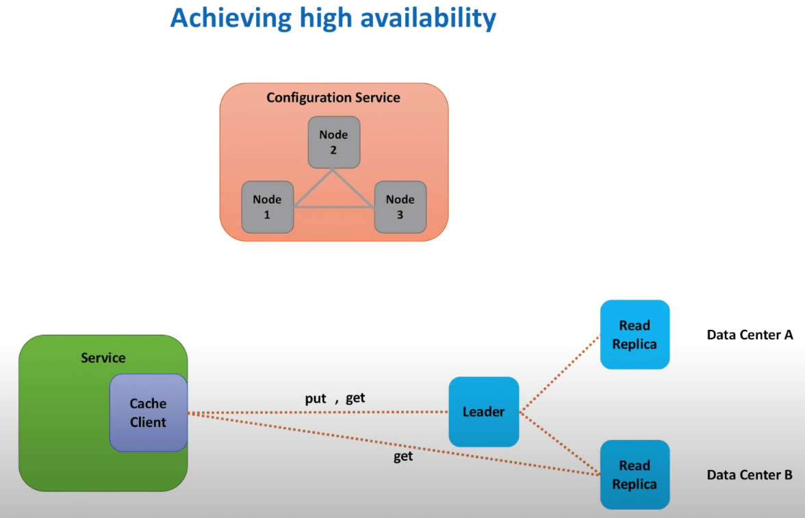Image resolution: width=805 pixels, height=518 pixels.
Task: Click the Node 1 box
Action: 268,207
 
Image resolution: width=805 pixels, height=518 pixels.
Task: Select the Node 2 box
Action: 334,142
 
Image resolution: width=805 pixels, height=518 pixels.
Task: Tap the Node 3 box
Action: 400,207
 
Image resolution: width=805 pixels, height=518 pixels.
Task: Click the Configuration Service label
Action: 333,98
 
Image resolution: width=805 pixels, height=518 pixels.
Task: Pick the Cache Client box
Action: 149,413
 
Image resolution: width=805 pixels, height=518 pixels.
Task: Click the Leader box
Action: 483,412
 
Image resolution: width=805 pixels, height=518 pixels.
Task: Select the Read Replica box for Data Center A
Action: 635,335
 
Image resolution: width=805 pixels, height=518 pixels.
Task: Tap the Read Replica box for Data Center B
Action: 635,475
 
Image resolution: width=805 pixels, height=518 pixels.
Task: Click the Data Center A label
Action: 750,335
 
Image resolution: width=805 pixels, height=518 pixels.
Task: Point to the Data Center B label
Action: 750,475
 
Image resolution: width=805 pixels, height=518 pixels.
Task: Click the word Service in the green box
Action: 103,358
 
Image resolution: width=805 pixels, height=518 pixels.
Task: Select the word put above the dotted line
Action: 315,399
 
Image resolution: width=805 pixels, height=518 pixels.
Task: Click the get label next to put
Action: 355,398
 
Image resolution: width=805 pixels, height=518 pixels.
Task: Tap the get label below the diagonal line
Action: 403,456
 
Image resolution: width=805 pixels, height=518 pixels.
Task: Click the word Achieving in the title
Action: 231,18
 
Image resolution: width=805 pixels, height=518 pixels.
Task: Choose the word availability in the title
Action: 429,18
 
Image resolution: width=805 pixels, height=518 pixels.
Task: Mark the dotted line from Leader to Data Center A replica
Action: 560,374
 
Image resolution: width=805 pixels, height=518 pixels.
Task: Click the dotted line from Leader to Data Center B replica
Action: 560,443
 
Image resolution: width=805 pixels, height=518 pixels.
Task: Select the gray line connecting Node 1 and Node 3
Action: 334,207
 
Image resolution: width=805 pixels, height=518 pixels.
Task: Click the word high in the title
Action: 326,18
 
